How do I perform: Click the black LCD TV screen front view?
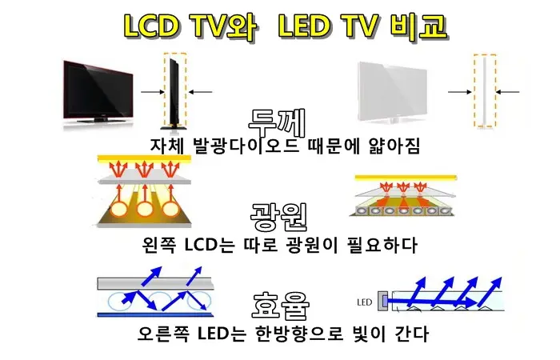point(98,91)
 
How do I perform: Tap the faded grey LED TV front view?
point(393,92)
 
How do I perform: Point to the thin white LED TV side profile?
point(486,90)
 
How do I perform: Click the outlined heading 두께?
point(277,122)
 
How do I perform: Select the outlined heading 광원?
point(279,217)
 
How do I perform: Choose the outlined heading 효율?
point(281,306)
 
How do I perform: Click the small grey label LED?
point(364,302)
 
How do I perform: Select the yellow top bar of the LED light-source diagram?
point(406,178)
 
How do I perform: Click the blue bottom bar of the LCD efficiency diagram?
point(155,315)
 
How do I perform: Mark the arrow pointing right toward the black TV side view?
point(153,92)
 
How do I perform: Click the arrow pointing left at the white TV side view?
point(507,92)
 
